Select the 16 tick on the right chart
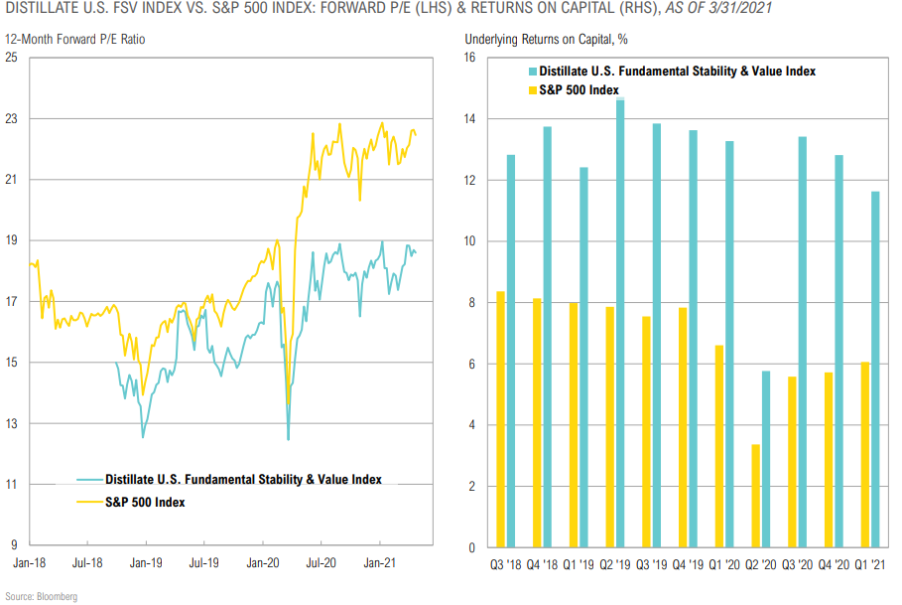pos(470,58)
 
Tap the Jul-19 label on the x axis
pos(203,561)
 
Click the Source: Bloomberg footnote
pos(42,595)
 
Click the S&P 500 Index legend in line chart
pos(145,502)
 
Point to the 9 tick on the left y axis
pos(14,545)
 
